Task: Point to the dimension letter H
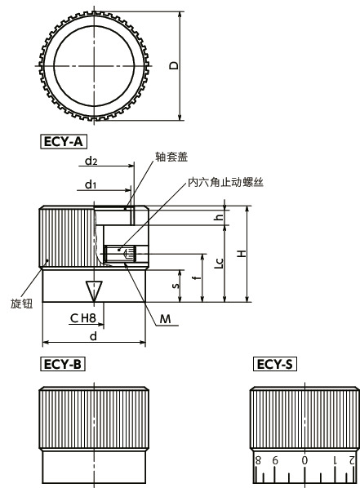click(242, 254)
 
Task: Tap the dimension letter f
click(193, 277)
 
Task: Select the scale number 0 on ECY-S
click(305, 461)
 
